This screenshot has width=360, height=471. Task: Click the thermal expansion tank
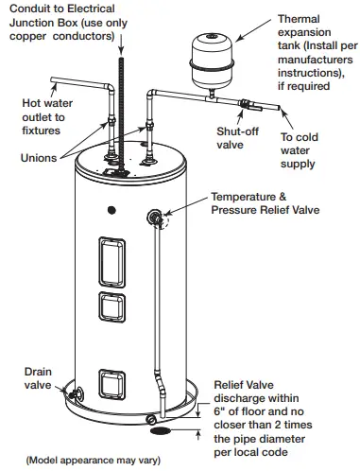coord(212,61)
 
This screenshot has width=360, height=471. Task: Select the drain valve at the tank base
coord(77,393)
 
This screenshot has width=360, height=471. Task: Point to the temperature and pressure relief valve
coord(155,218)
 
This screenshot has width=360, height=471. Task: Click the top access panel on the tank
coord(111,262)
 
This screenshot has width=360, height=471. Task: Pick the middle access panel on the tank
coord(111,307)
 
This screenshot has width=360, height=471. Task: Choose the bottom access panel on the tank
coord(111,384)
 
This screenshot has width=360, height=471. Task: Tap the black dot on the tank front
coord(111,210)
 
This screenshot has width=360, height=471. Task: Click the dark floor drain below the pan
coord(161,431)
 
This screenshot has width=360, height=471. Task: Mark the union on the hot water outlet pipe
coord(111,121)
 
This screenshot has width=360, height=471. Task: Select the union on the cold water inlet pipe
coord(149,127)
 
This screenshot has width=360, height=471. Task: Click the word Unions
coord(39,158)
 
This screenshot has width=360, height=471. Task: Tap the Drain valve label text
coord(38,378)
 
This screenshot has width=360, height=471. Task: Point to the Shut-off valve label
coord(237,138)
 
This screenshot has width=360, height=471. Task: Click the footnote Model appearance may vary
coord(94,461)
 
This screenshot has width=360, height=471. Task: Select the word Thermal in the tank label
coord(299,19)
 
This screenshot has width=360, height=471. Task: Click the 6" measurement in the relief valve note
coord(219,411)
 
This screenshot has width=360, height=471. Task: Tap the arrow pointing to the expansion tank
coord(253,29)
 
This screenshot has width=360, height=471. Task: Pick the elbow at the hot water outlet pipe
coord(109,87)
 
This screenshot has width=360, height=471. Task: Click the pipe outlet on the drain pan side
coord(151,419)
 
